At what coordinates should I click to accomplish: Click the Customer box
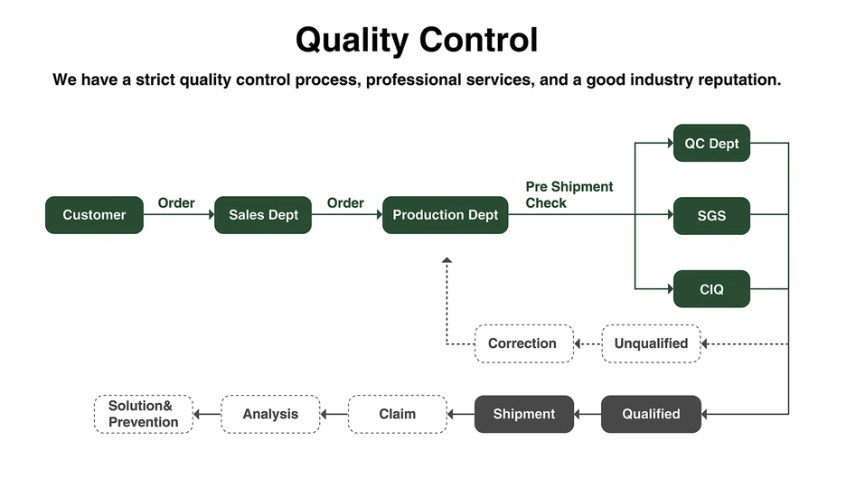click(x=94, y=215)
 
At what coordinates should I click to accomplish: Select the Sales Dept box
click(x=263, y=215)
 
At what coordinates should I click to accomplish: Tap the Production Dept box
click(x=445, y=215)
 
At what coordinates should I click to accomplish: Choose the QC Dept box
click(x=711, y=143)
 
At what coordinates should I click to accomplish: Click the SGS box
click(x=711, y=216)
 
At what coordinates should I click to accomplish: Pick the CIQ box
click(x=711, y=289)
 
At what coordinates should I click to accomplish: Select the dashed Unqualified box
click(x=651, y=343)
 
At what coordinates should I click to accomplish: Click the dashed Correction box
click(x=523, y=343)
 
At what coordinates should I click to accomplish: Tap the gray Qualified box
click(x=651, y=414)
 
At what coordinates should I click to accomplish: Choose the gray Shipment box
click(x=523, y=414)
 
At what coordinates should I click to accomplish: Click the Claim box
click(x=397, y=414)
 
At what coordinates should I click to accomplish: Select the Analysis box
click(x=270, y=414)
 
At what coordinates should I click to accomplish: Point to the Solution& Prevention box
click(x=144, y=414)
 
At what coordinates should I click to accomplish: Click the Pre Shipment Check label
click(x=569, y=194)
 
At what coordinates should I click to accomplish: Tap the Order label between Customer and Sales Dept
click(x=176, y=202)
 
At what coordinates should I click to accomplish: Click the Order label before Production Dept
click(x=345, y=202)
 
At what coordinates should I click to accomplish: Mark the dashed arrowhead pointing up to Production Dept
click(x=446, y=261)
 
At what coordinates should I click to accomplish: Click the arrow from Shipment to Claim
click(x=461, y=415)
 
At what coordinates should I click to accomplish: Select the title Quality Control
click(x=417, y=40)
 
